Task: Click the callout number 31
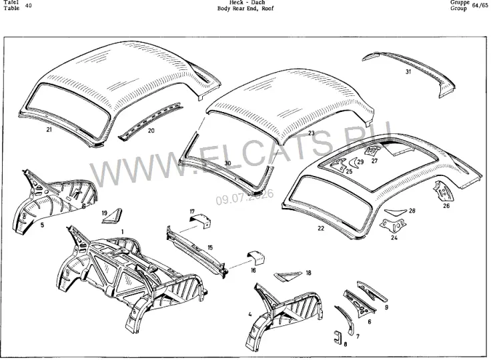408,72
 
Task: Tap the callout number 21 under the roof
49,129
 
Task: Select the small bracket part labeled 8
338,338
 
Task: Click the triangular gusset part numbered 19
113,216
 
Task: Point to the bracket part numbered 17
201,220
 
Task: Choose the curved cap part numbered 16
256,257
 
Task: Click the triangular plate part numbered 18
288,276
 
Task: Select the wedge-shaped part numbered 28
396,212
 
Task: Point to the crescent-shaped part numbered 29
352,163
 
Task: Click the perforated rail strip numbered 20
150,120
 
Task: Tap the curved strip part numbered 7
346,319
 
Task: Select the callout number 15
210,247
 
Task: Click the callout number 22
321,229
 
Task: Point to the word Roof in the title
268,9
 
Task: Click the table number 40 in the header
28,5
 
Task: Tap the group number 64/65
480,5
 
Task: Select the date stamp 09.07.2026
245,197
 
